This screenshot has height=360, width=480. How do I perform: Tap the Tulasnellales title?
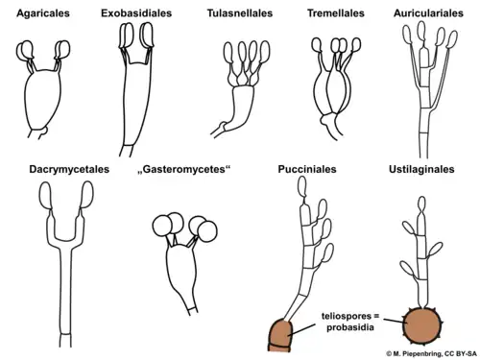click(239, 14)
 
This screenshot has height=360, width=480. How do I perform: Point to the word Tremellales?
click(335, 14)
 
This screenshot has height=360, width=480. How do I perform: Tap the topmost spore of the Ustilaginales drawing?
click(420, 208)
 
